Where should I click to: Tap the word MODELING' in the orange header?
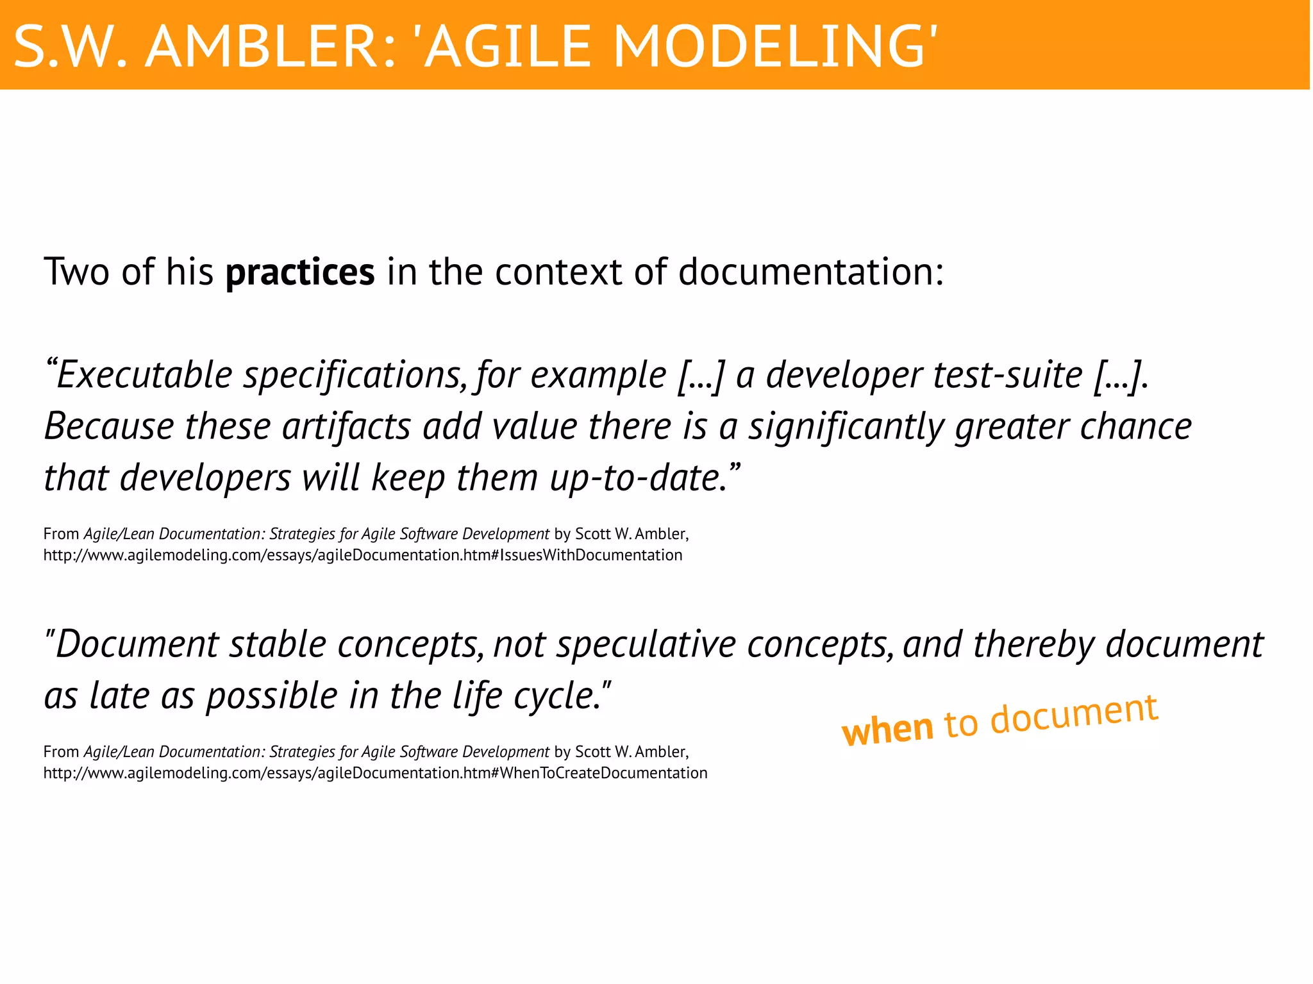pyautogui.click(x=776, y=47)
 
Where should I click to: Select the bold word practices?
pyautogui.click(x=300, y=272)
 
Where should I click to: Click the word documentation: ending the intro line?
pyautogui.click(x=811, y=272)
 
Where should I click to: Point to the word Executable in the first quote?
pyautogui.click(x=144, y=375)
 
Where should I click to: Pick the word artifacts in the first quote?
pyautogui.click(x=346, y=427)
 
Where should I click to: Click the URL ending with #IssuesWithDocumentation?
pyautogui.click(x=363, y=555)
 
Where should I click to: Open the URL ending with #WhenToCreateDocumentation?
pyautogui.click(x=375, y=773)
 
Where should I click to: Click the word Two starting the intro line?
pyautogui.click(x=76, y=272)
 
